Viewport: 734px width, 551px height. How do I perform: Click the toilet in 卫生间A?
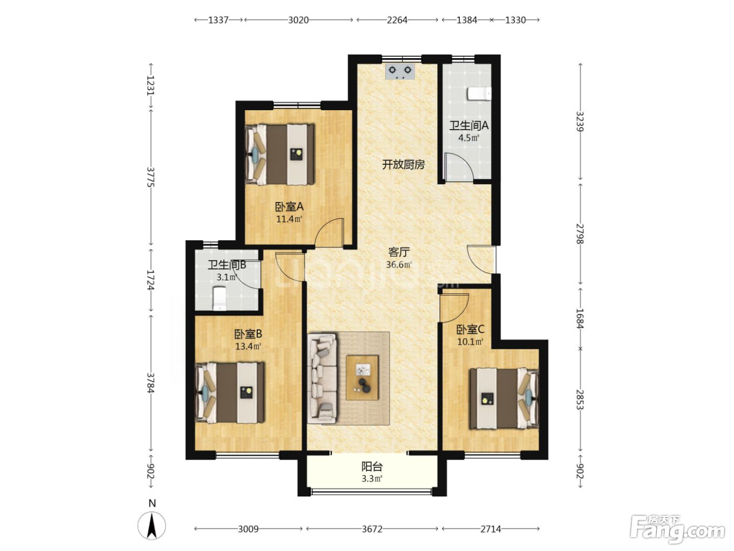pos(479,94)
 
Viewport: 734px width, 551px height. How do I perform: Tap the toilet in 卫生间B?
pos(219,298)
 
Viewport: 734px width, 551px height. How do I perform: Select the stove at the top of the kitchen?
pos(400,72)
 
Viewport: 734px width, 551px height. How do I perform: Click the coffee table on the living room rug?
pos(362,377)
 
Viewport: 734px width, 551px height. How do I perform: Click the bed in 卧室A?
pos(279,155)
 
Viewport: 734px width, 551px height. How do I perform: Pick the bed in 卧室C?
pos(504,398)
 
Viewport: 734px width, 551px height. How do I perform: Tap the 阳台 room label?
pos(372,467)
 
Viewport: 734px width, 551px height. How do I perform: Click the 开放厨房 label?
pos(403,165)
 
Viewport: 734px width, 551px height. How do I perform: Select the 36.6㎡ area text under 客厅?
pos(398,264)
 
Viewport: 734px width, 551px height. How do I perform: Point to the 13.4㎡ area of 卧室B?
pos(248,346)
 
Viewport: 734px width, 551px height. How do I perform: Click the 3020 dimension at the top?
pos(298,20)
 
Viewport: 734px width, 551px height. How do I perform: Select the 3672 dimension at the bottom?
pos(372,529)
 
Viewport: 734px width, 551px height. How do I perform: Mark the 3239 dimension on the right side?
pos(580,121)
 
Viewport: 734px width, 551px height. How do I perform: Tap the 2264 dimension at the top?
pos(397,20)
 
